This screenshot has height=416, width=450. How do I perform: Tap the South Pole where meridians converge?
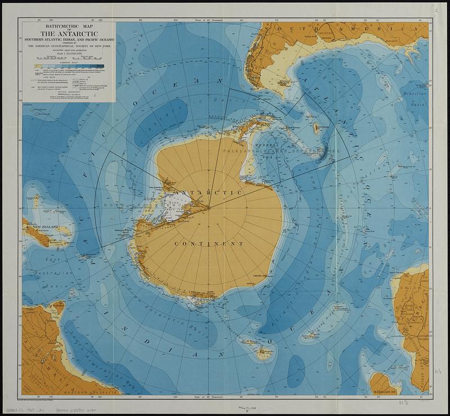209,207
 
